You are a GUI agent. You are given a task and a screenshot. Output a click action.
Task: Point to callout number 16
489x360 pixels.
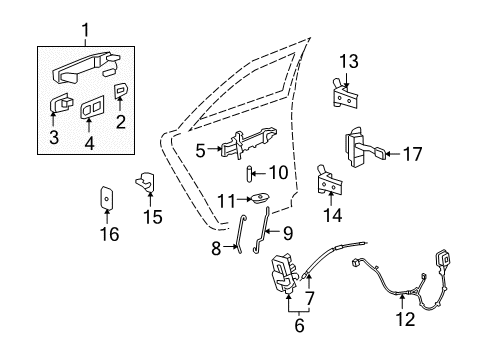(108, 234)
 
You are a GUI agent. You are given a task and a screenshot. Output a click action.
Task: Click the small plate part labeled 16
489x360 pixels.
(108, 199)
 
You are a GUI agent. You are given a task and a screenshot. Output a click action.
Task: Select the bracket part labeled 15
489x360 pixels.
(146, 182)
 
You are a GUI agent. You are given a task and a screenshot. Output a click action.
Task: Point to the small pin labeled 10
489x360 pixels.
(247, 174)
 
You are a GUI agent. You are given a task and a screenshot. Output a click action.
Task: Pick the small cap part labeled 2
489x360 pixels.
(121, 90)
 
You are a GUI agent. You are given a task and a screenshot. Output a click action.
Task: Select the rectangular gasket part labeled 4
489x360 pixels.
(91, 107)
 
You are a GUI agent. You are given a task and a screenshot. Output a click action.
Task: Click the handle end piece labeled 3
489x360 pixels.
(61, 104)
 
